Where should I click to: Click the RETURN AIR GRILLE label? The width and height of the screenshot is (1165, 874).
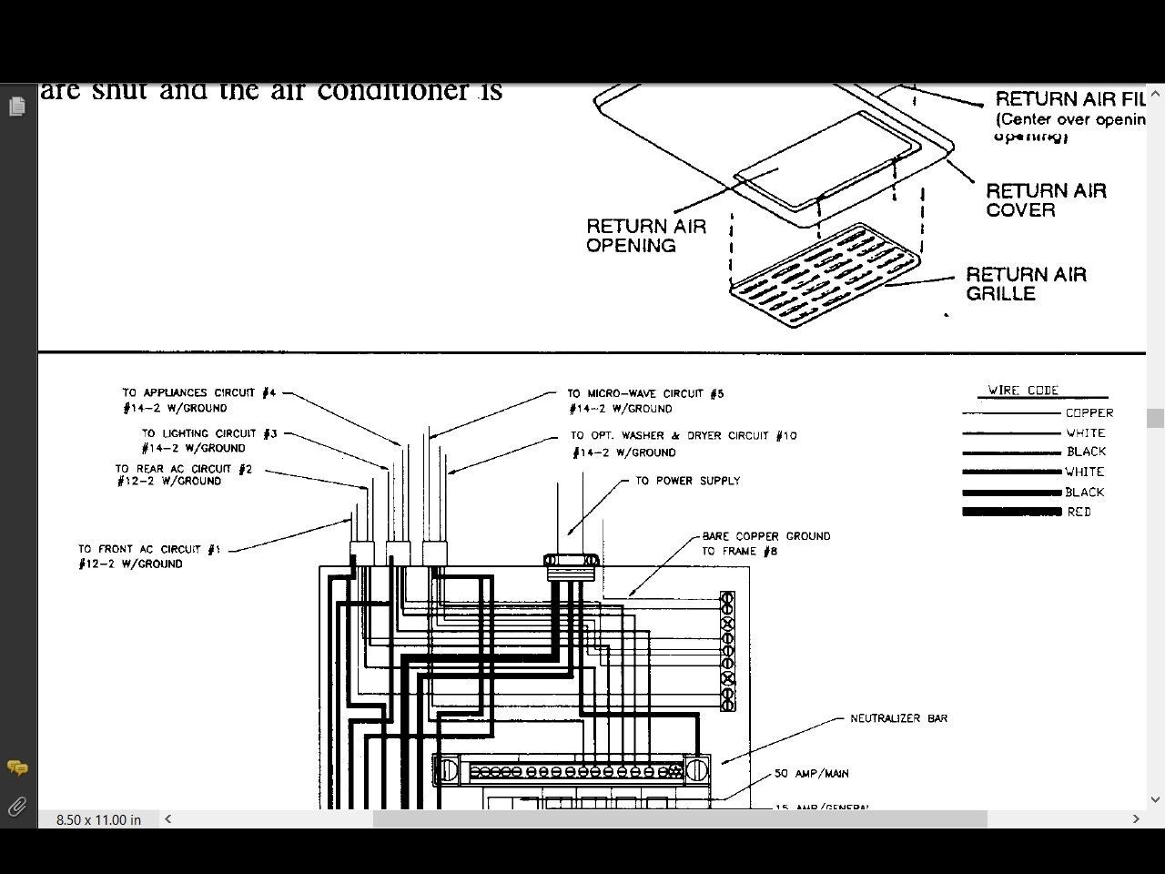[1026, 284]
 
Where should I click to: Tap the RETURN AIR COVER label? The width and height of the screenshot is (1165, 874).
[1046, 200]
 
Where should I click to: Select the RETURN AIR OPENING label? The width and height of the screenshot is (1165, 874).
[645, 236]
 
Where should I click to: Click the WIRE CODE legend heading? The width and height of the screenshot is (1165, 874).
[1023, 391]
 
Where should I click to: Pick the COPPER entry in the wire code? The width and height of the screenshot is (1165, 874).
[1089, 413]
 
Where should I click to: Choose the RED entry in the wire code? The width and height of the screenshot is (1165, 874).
[1079, 513]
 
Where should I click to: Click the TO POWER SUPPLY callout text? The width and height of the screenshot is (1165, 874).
[687, 481]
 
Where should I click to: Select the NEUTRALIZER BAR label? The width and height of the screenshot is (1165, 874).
[898, 718]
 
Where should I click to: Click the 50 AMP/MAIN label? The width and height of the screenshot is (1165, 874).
[811, 774]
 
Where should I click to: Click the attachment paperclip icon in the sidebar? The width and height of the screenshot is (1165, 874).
[16, 807]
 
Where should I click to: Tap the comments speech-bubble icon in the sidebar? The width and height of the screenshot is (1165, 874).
[16, 768]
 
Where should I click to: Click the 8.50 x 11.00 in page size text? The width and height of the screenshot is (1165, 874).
[98, 819]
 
